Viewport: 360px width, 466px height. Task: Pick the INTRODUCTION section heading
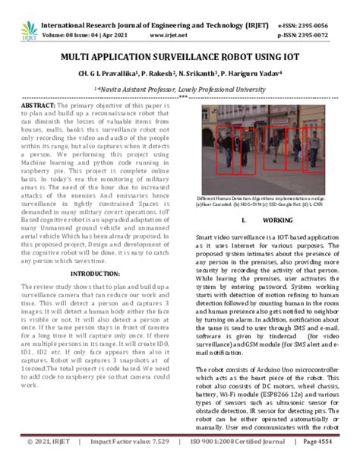click(95, 272)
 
